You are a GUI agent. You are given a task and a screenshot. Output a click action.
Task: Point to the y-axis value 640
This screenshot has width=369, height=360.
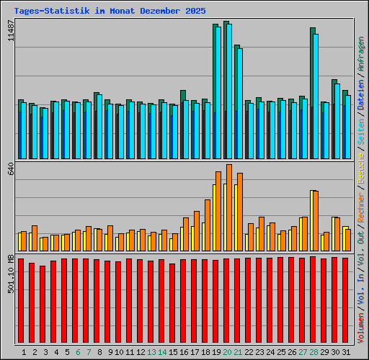10,169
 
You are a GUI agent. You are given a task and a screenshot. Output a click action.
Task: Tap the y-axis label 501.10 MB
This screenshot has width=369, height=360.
10,271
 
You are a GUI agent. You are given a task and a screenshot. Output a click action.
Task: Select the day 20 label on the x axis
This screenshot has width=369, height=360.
227,352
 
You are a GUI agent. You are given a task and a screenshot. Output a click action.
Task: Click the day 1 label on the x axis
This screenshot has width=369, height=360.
24,352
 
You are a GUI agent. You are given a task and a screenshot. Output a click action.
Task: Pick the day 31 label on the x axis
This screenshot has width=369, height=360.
346,352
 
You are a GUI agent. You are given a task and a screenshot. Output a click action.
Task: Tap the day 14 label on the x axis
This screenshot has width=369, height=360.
162,352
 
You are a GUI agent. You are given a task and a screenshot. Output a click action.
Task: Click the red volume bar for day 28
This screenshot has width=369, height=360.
313,299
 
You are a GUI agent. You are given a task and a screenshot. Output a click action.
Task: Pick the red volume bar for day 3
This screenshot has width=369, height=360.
43,303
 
